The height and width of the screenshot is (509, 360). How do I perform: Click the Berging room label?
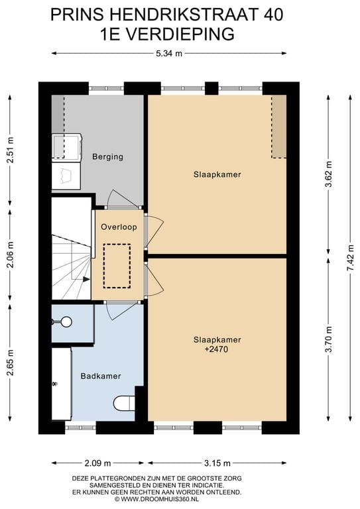[x=108, y=157]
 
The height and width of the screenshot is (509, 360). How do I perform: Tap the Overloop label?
[x=119, y=227]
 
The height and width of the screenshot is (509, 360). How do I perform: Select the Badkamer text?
[x=101, y=376]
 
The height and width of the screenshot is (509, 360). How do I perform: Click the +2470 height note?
[x=217, y=349]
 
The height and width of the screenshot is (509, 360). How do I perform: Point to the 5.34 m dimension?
[x=169, y=54]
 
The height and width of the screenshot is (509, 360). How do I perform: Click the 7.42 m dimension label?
[x=350, y=257]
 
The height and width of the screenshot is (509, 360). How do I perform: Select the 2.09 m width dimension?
[x=97, y=463]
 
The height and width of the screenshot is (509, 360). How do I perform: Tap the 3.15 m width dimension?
[x=217, y=463]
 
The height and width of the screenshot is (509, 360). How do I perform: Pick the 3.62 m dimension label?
[x=329, y=174]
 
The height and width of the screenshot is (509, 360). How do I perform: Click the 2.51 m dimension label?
[x=10, y=151]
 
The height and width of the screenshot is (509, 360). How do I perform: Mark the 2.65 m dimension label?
[x=10, y=363]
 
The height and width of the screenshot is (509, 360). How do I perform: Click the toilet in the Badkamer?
[x=125, y=403]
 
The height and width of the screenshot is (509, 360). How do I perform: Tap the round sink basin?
[x=66, y=321]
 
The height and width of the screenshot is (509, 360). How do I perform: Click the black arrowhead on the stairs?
[x=86, y=279]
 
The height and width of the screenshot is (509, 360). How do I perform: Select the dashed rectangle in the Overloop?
[x=117, y=266]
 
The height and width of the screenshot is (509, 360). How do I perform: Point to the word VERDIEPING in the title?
[x=180, y=34]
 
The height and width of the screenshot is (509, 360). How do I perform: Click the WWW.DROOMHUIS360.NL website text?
[x=159, y=499]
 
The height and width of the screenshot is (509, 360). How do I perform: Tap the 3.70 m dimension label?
[x=329, y=339]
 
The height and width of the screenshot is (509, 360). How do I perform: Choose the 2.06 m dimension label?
[x=10, y=254]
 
